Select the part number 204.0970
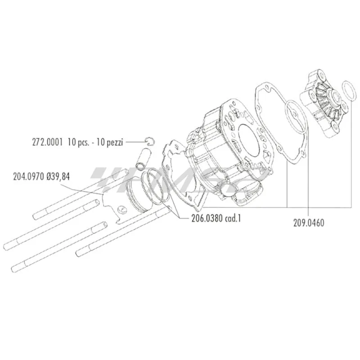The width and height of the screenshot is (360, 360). [28, 176]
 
